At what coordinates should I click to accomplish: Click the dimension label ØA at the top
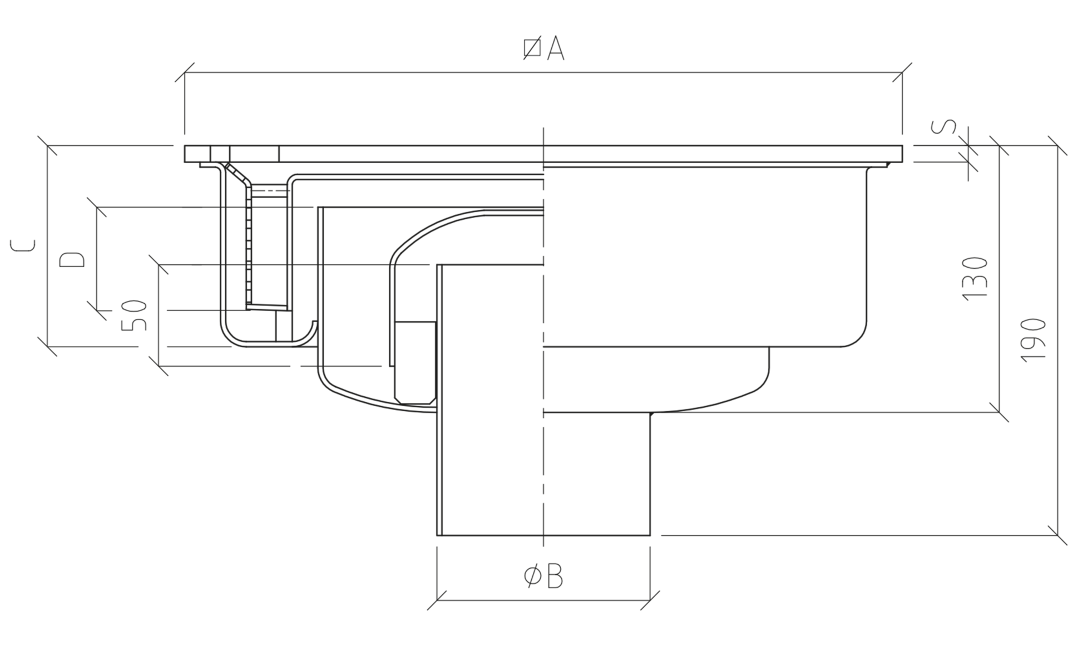point(543,49)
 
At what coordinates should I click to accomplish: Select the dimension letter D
point(72,259)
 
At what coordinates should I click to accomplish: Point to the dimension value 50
point(135,315)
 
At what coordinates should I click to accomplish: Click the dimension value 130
point(975,279)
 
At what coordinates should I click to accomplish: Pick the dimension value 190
point(1034,340)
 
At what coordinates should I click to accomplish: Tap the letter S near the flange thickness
point(945,126)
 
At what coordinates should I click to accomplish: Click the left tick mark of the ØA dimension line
point(185,72)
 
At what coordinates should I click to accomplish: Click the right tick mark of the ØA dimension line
point(902,72)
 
